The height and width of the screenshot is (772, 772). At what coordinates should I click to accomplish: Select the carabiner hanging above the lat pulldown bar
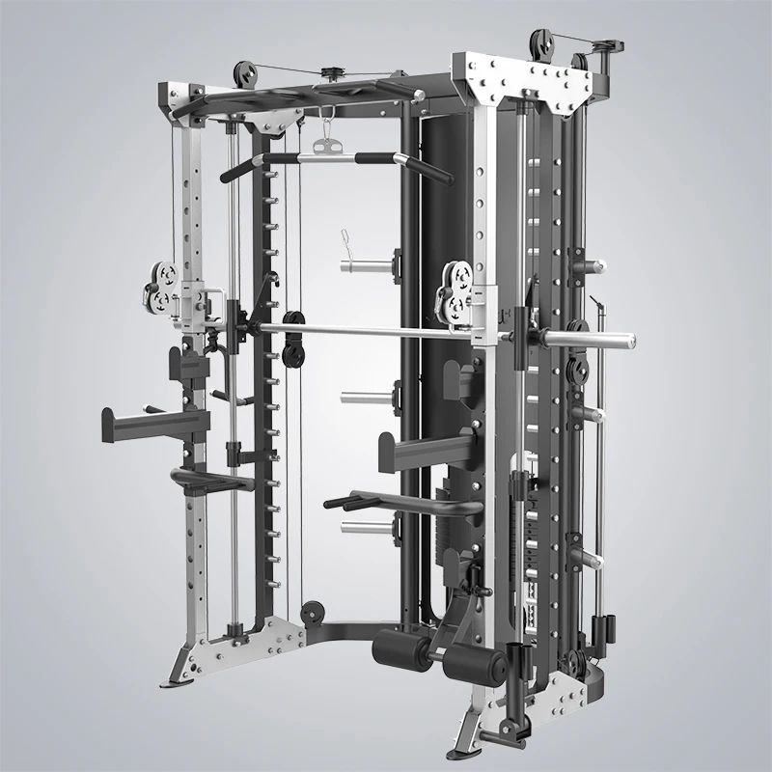325,124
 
